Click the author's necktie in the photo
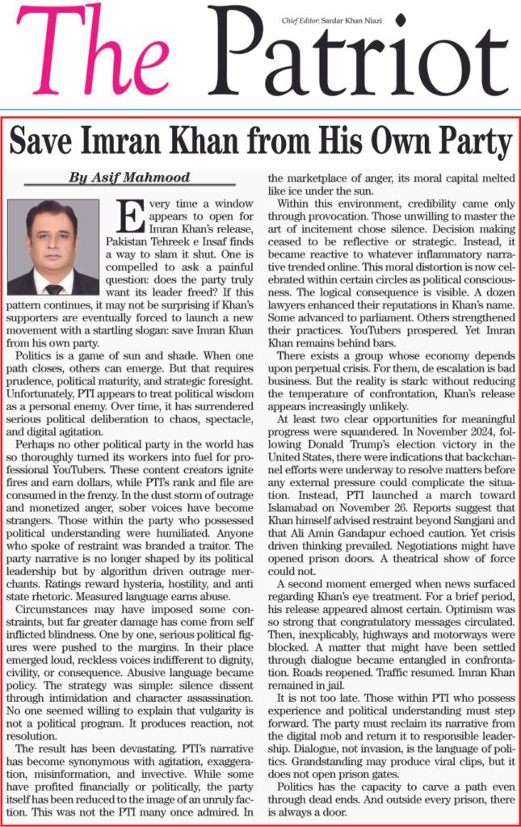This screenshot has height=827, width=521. (53, 288)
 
